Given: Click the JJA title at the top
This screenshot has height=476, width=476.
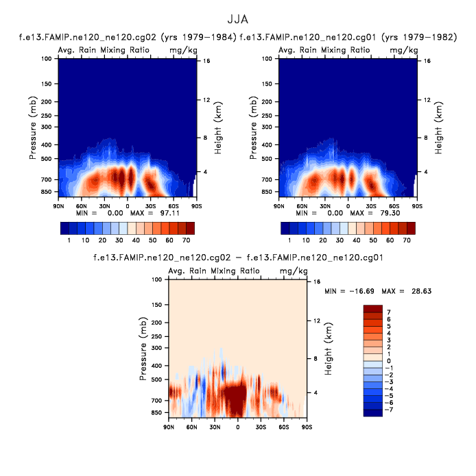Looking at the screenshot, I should click(237, 19).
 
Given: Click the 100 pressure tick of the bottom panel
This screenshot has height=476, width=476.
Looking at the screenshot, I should click(156, 279).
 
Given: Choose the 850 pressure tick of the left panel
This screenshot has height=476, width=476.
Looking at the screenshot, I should click(47, 192).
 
